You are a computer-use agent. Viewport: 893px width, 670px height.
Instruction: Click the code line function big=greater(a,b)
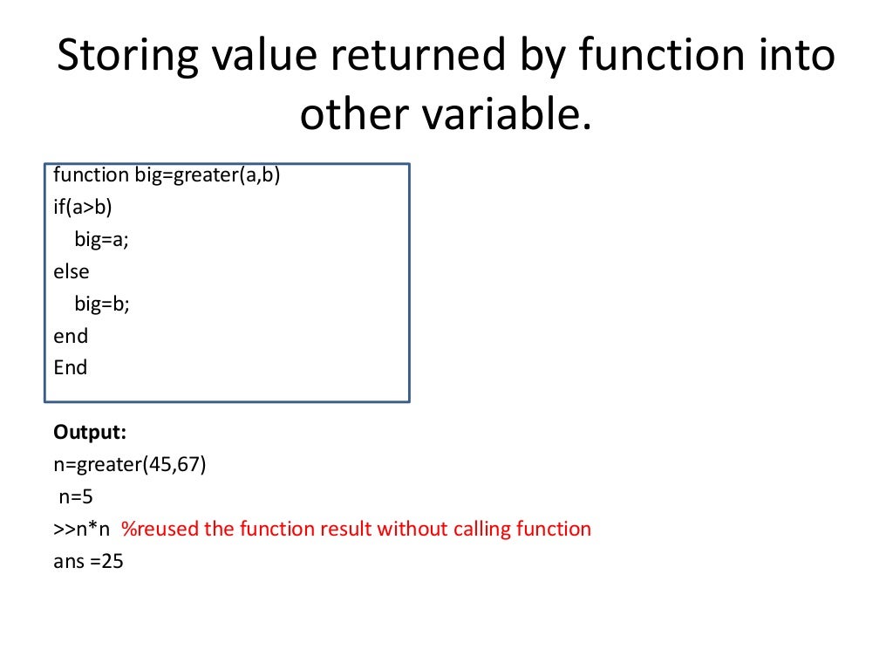pyautogui.click(x=167, y=175)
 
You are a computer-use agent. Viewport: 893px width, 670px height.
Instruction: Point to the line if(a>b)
pyautogui.click(x=83, y=208)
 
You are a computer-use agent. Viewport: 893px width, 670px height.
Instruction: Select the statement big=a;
pyautogui.click(x=101, y=240)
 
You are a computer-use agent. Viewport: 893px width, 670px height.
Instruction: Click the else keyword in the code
pyautogui.click(x=71, y=271)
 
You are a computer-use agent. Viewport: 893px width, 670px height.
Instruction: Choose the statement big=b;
pyautogui.click(x=101, y=304)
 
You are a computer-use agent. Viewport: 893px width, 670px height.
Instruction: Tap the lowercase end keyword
pyautogui.click(x=71, y=336)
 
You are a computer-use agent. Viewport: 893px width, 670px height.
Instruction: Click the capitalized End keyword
pyautogui.click(x=71, y=367)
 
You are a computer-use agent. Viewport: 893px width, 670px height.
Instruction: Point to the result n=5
pyautogui.click(x=75, y=497)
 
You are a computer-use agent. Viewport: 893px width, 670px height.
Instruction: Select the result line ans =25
pyautogui.click(x=88, y=562)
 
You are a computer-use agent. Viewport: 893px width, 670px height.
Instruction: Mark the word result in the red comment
pyautogui.click(x=346, y=530)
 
